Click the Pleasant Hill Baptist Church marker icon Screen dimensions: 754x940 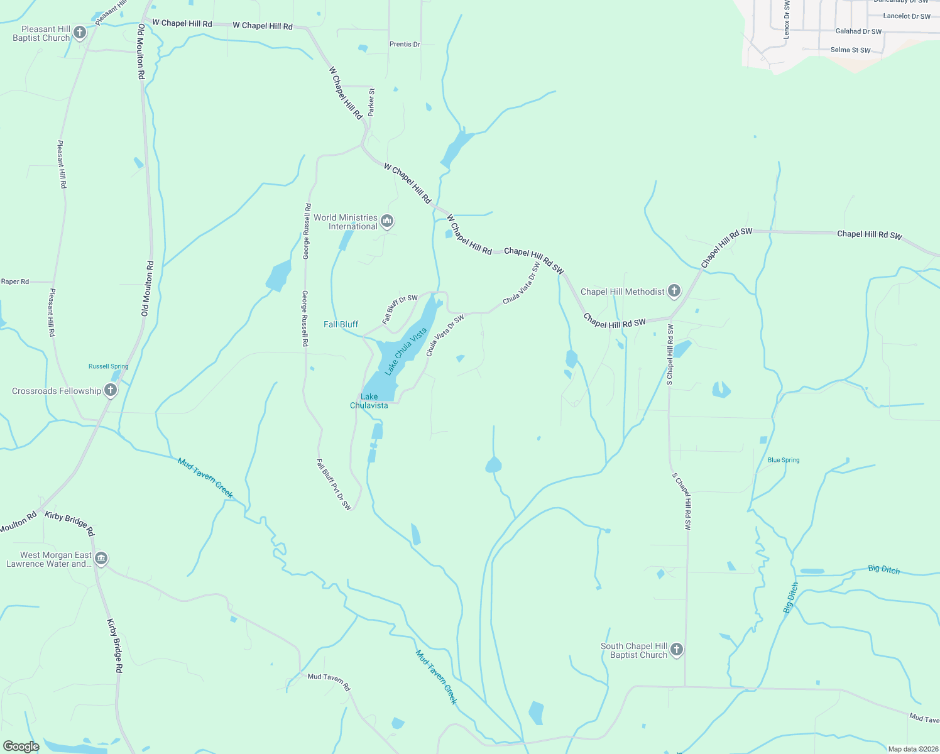79,32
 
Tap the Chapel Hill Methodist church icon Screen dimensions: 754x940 674,290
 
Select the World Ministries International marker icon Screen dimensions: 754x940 387,221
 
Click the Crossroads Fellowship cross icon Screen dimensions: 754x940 110,390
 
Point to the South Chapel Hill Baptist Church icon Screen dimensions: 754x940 676,649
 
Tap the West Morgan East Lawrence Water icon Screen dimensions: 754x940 101,558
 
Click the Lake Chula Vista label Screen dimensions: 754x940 406,351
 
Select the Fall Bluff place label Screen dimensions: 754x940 341,324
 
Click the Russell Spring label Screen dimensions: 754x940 108,366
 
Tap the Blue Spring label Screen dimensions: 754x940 784,460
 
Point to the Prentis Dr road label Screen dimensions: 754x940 405,44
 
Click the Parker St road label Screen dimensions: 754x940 371,102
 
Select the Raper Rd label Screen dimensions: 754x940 15,281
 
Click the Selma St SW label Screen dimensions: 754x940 850,50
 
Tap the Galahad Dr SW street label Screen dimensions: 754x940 858,31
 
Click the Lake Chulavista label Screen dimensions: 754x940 369,401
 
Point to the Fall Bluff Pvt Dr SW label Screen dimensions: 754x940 334,484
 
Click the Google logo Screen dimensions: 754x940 21,746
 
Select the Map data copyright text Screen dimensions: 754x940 910,749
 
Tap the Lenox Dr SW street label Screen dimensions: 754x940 786,20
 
